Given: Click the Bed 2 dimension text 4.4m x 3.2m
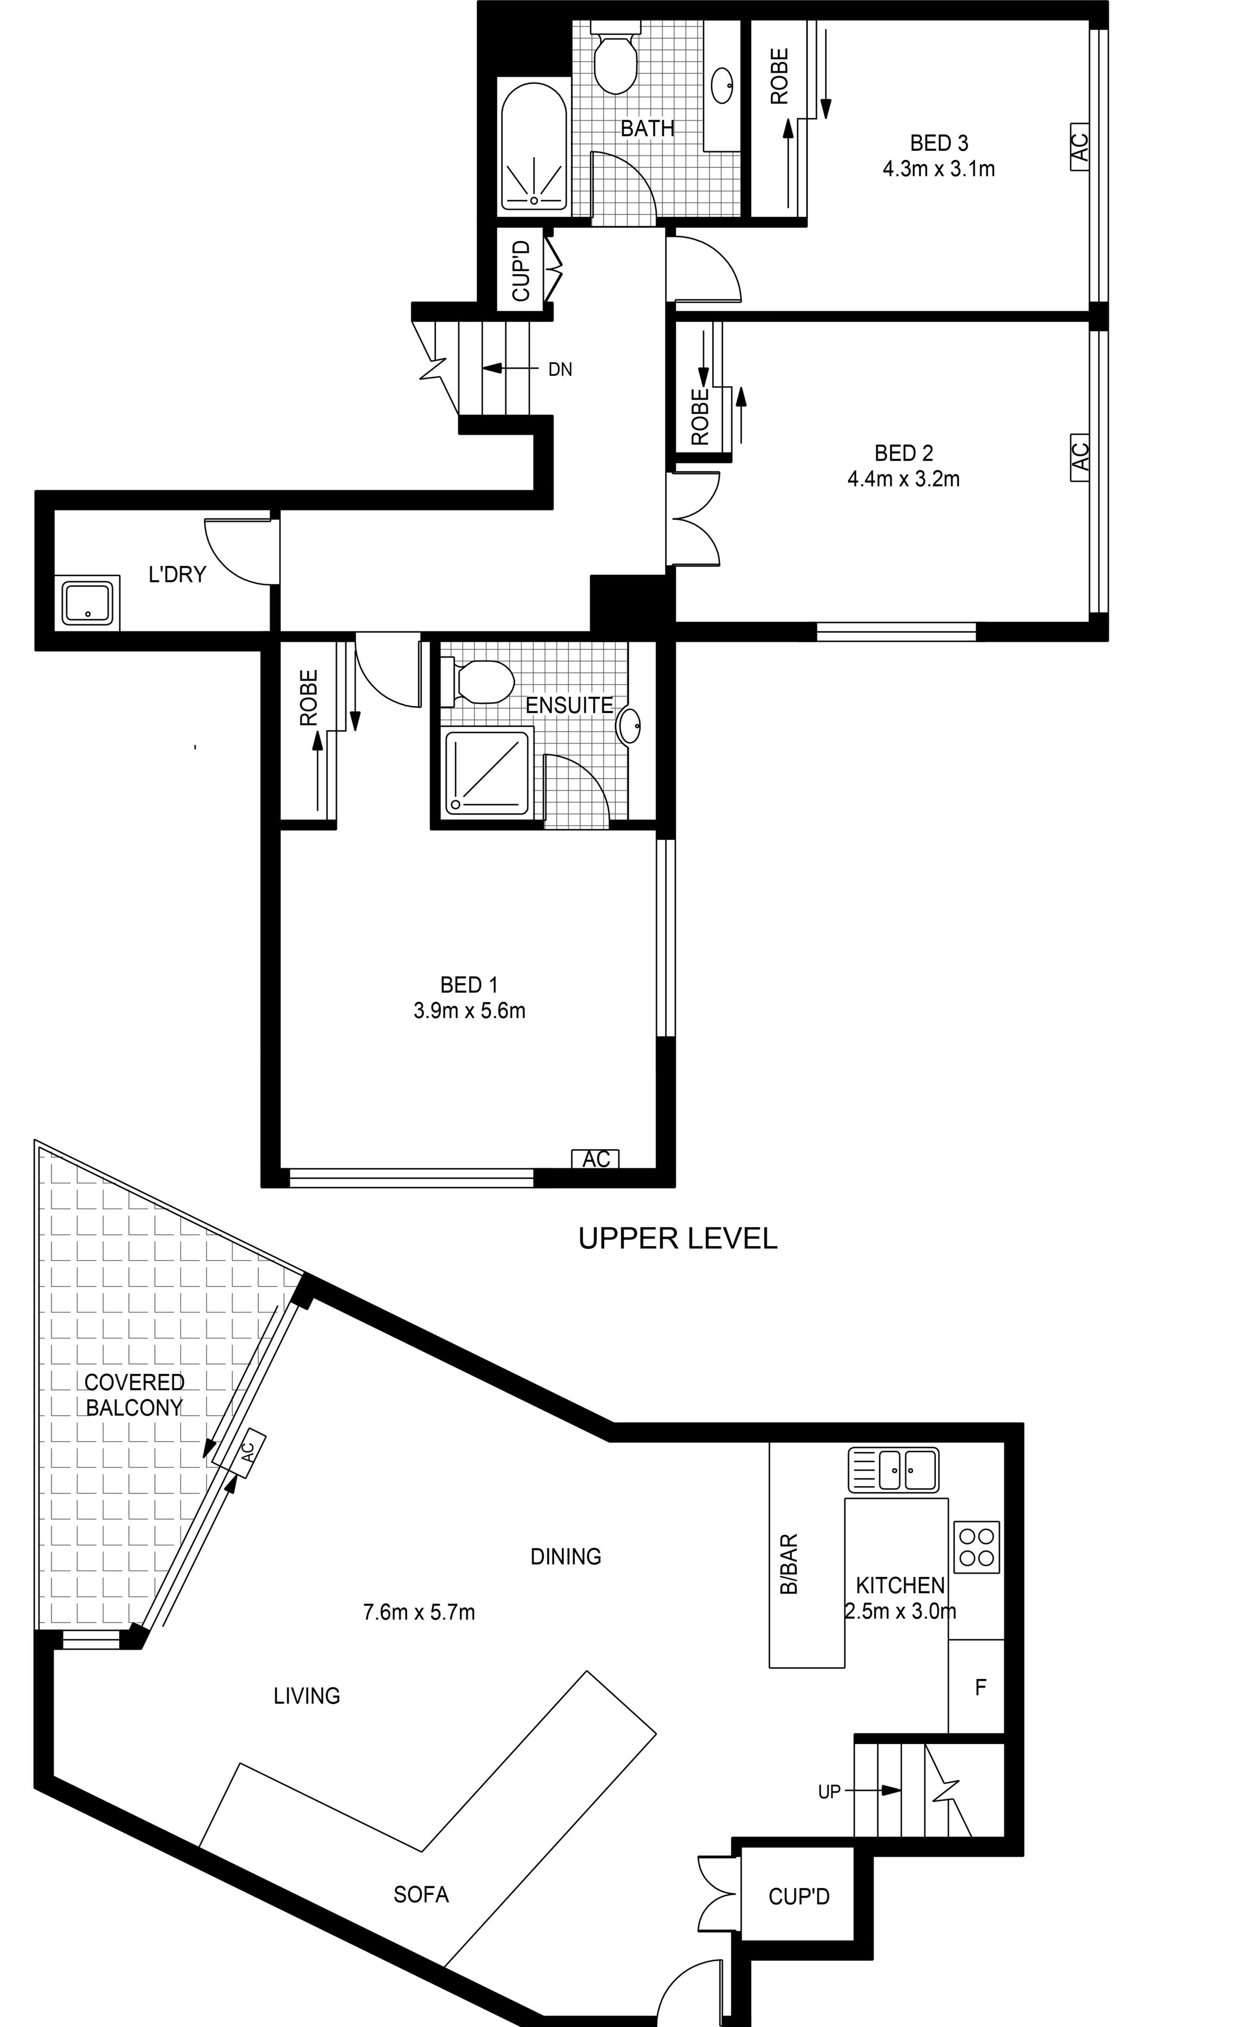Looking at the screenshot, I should coord(903,479).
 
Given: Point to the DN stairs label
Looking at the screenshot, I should coord(560,370).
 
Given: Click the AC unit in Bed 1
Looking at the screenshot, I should coord(596,1158).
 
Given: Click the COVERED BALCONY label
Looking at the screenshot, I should coord(133,1395).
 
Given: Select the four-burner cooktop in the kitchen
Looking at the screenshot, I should coord(976,1547).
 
